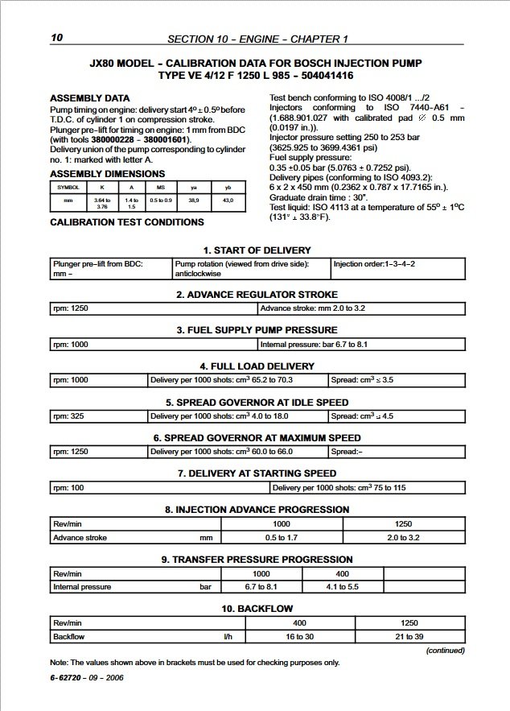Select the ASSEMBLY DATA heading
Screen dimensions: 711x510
click(x=89, y=98)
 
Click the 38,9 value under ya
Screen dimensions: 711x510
click(x=193, y=199)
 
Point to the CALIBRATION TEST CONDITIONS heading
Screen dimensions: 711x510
click(x=127, y=221)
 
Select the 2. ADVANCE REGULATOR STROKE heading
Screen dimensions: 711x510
click(x=257, y=295)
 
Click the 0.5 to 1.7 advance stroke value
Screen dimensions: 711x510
click(x=282, y=537)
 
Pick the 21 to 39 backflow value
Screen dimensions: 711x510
click(x=404, y=637)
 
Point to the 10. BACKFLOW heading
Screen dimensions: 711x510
click(x=257, y=608)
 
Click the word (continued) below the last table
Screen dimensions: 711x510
click(x=445, y=650)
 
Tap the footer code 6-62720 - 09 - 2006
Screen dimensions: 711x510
click(x=86, y=677)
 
